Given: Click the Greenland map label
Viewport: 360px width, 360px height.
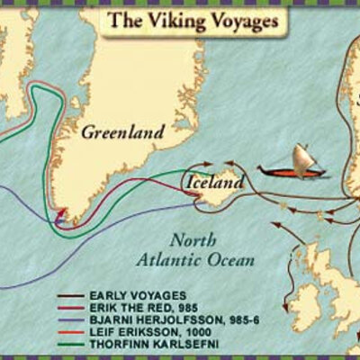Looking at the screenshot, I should coord(122,132).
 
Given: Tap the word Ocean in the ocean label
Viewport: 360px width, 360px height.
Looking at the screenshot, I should coord(234,259).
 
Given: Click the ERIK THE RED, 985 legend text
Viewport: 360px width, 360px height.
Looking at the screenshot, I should coord(134,308).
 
